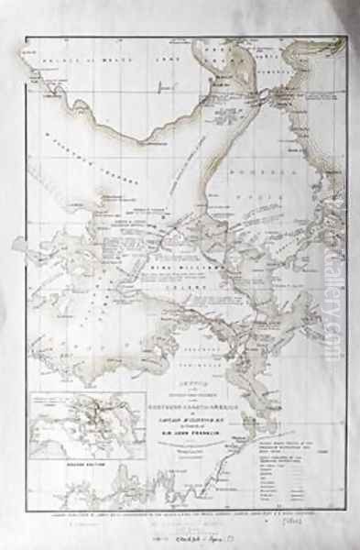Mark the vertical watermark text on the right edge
346,275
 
